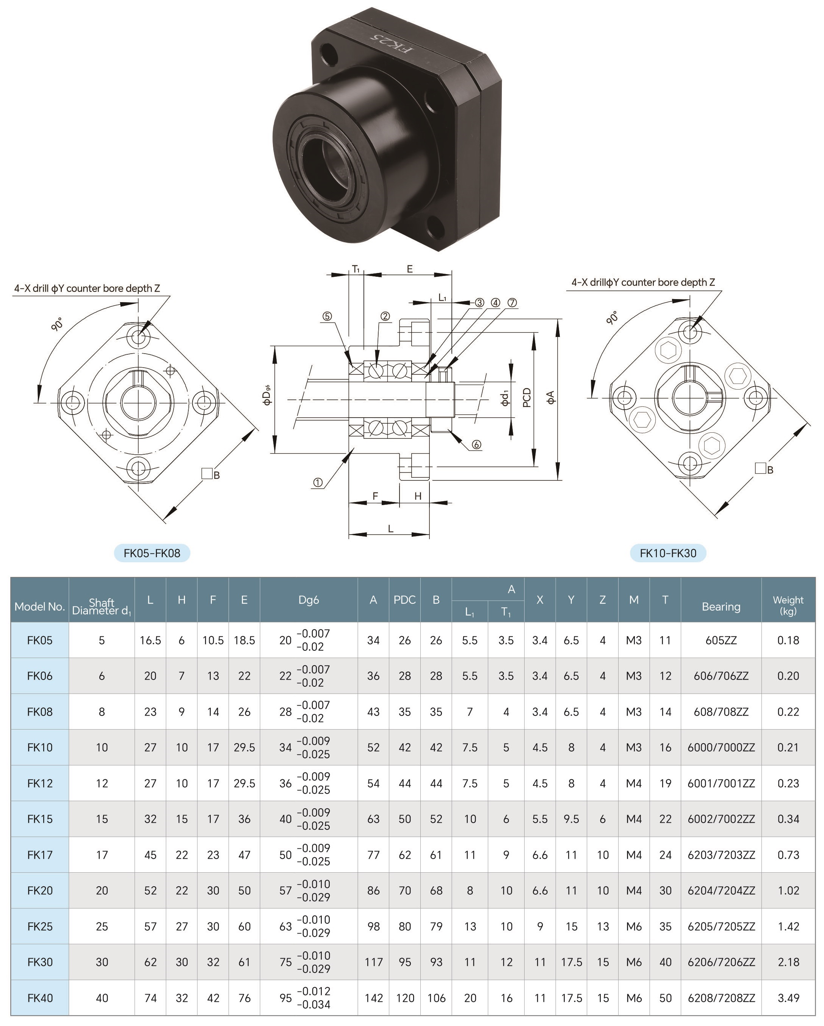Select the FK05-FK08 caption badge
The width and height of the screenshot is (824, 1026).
152,553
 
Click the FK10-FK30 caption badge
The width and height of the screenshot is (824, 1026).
668,553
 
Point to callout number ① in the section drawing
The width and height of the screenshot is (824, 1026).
318,483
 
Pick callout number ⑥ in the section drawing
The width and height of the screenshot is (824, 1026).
476,445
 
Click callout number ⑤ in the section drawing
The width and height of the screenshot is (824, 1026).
327,317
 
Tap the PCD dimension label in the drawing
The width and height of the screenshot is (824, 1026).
527,398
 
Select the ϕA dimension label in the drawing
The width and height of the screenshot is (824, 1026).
551,398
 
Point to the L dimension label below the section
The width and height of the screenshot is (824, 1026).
390,529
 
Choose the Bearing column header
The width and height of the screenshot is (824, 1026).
721,607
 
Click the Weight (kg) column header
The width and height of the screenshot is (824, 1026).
788,605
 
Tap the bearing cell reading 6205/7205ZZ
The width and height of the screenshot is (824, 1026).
721,926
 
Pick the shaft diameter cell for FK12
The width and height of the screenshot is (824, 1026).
102,783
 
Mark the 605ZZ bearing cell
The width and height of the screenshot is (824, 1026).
721,640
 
